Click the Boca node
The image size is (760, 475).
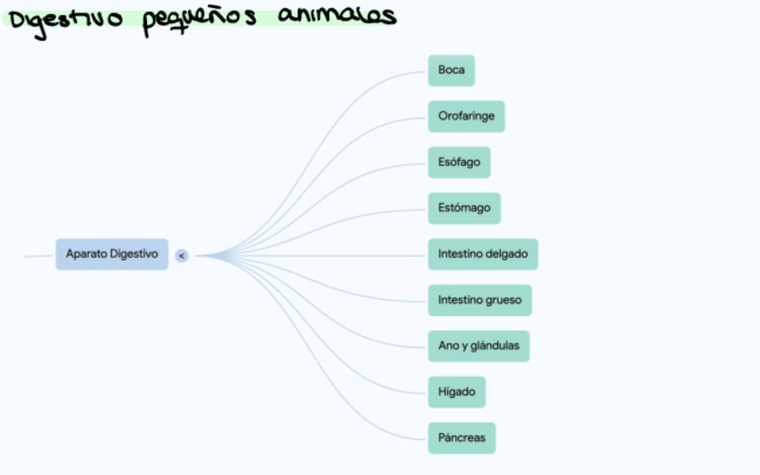451,70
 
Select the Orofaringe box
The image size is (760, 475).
466,117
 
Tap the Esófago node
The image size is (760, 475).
459,162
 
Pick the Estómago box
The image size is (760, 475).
464,208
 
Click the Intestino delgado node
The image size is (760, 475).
482,254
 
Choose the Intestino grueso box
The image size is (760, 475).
479,300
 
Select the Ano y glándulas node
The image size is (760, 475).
479,346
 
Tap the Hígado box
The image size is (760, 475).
457,392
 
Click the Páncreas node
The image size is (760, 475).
462,438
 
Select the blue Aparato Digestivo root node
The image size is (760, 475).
111,254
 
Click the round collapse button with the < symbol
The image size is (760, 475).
182,255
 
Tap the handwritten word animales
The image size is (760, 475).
336,16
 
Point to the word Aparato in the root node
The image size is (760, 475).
86,254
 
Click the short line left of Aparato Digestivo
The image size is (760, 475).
38,256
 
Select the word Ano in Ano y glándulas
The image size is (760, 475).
448,346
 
